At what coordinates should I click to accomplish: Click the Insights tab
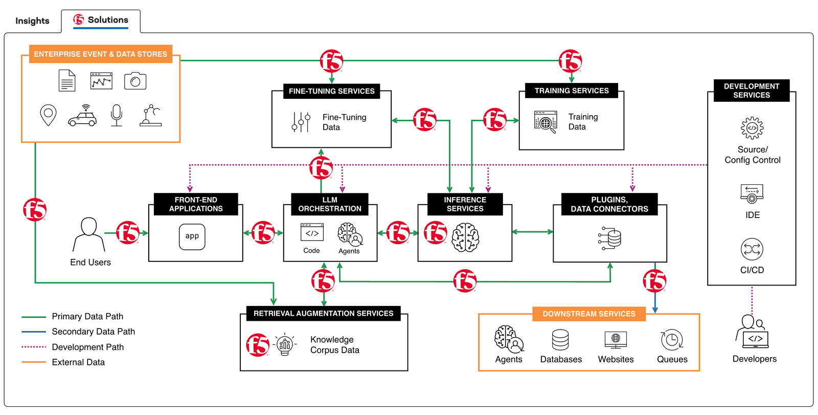pyautogui.click(x=32, y=21)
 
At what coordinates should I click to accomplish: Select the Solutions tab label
pyautogui.click(x=107, y=20)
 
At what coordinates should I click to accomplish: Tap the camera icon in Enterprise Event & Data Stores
pyautogui.click(x=135, y=81)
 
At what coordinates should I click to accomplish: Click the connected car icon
pyautogui.click(x=82, y=116)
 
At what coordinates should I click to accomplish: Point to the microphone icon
pyautogui.click(x=117, y=115)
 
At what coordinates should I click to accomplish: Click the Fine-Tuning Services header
pyautogui.click(x=331, y=91)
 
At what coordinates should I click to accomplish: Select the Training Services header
pyautogui.click(x=572, y=91)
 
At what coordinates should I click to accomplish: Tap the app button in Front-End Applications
pyautogui.click(x=192, y=236)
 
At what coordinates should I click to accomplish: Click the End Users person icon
pyautogui.click(x=89, y=234)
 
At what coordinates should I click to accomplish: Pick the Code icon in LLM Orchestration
pyautogui.click(x=312, y=233)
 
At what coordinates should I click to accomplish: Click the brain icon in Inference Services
pyautogui.click(x=465, y=237)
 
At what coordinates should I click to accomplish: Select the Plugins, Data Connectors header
pyautogui.click(x=609, y=204)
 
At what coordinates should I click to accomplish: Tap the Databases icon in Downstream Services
pyautogui.click(x=560, y=340)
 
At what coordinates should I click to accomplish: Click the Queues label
pyautogui.click(x=672, y=359)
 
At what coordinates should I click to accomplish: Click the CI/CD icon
pyautogui.click(x=752, y=250)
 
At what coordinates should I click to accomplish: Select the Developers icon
pyautogui.click(x=752, y=332)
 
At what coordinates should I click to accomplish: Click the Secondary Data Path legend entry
pyautogui.click(x=93, y=332)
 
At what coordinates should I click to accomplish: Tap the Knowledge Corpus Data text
pyautogui.click(x=334, y=345)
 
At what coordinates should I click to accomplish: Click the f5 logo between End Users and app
pyautogui.click(x=128, y=233)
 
